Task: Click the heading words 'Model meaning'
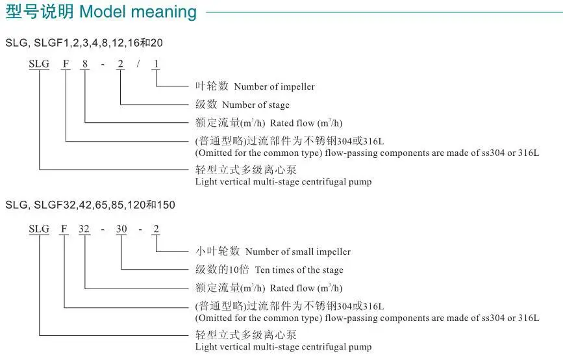point(138,12)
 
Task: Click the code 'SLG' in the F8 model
point(39,64)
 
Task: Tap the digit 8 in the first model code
point(84,64)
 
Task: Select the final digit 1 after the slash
point(156,64)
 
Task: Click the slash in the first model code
point(138,64)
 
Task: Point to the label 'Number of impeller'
point(274,86)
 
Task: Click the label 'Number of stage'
point(256,105)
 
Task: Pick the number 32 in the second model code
point(84,229)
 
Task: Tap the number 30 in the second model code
point(121,229)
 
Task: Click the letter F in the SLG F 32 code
point(64,229)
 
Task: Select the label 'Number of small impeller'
point(298,251)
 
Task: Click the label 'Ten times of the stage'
point(299,270)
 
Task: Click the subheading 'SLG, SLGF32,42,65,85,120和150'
point(90,205)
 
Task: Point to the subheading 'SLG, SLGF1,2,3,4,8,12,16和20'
point(84,43)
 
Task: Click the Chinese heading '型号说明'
point(40,12)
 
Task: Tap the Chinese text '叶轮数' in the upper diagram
point(212,86)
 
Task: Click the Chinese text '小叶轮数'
point(218,251)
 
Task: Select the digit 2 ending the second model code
point(156,229)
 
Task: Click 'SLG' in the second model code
point(39,229)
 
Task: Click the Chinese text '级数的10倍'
point(222,269)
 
